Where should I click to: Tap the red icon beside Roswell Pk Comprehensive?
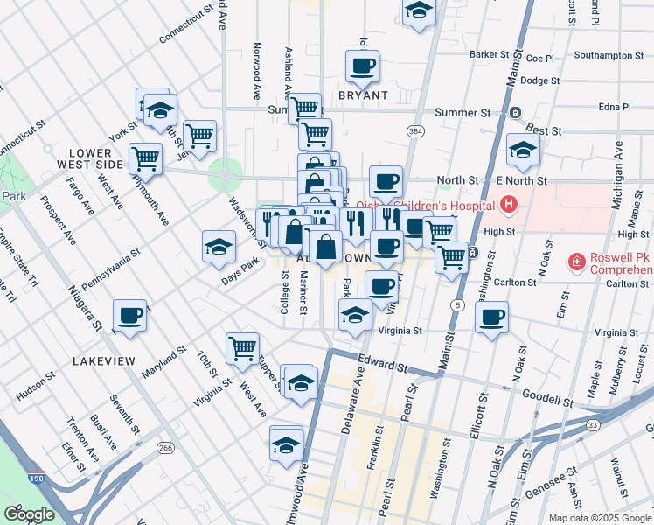click(575, 261)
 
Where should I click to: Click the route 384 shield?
click(414, 130)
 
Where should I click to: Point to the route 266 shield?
click(164, 448)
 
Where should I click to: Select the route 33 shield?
click(592, 424)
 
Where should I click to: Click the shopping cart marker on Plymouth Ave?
click(145, 158)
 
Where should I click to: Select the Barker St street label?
click(489, 54)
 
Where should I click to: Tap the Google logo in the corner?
click(29, 514)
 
